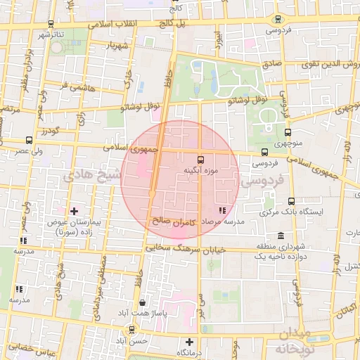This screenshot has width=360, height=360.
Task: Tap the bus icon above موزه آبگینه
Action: [202, 159]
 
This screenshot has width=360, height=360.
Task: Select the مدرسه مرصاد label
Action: [223, 221]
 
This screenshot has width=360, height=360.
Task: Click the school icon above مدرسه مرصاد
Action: [223, 210]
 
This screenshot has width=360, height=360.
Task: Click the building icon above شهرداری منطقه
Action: [281, 236]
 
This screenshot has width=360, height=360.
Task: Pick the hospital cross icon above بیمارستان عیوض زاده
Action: [74, 210]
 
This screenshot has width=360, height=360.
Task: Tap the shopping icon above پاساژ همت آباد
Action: [143, 303]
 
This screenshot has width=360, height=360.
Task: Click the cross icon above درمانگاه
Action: [188, 342]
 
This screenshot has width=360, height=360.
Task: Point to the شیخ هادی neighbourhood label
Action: [87, 175]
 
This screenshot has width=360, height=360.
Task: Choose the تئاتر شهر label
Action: [56, 34]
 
